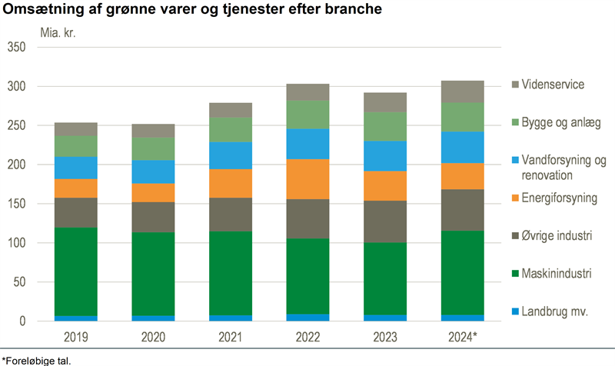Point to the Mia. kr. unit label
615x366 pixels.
[x=58, y=33]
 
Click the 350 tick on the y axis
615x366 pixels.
[x=16, y=48]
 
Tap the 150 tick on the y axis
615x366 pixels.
[x=16, y=204]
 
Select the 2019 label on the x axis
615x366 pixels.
[x=75, y=336]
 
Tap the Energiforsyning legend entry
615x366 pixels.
[x=560, y=198]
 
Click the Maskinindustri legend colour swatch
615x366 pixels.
[x=514, y=273]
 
